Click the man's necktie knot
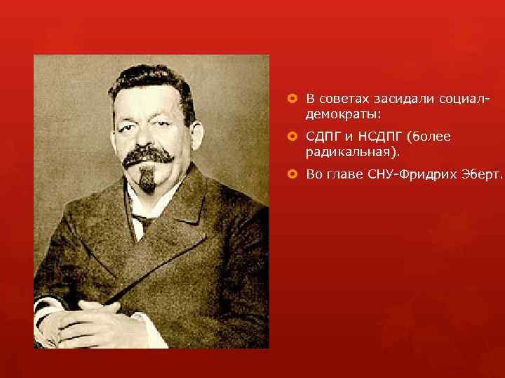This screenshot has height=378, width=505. pyautogui.click(x=143, y=219)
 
